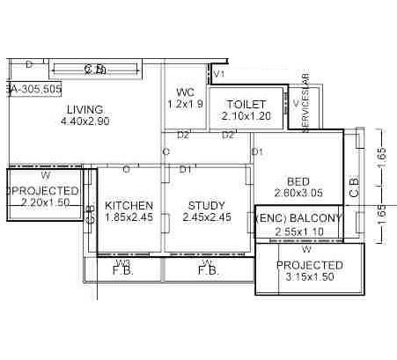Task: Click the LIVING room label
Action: pyautogui.click(x=85, y=109)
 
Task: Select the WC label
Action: pyautogui.click(x=185, y=92)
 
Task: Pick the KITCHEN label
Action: pyautogui.click(x=129, y=205)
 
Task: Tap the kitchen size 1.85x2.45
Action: pyautogui.click(x=129, y=217)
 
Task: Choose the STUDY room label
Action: pyautogui.click(x=206, y=205)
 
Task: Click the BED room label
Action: pyautogui.click(x=298, y=182)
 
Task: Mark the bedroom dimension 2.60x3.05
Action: pyautogui.click(x=298, y=195)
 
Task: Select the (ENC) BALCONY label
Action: pyautogui.click(x=298, y=217)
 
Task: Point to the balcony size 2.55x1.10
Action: pyautogui.click(x=298, y=231)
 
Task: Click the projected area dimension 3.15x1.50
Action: pyautogui.click(x=310, y=278)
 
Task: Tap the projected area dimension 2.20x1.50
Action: pyautogui.click(x=44, y=202)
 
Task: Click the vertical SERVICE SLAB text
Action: pyautogui.click(x=306, y=104)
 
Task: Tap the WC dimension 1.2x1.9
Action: pyautogui.click(x=185, y=104)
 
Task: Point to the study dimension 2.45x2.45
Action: pyautogui.click(x=206, y=217)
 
